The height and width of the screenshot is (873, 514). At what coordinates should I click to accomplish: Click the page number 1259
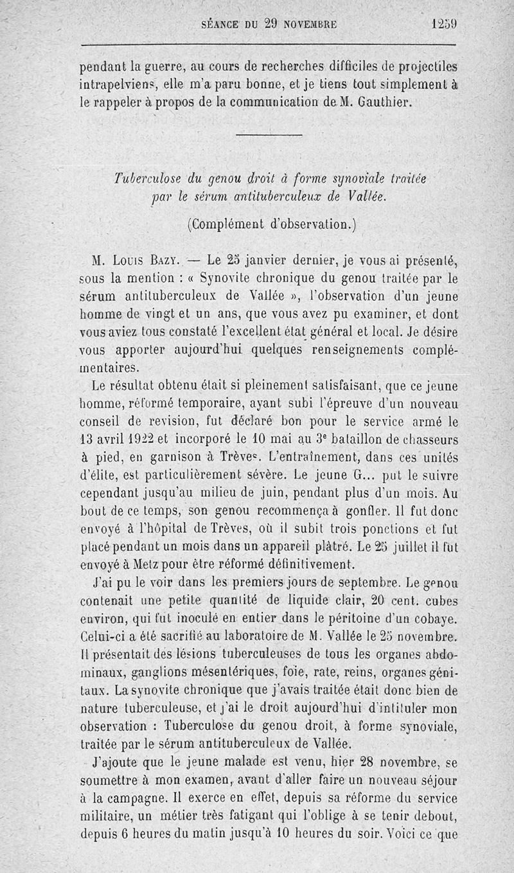coord(443,25)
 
